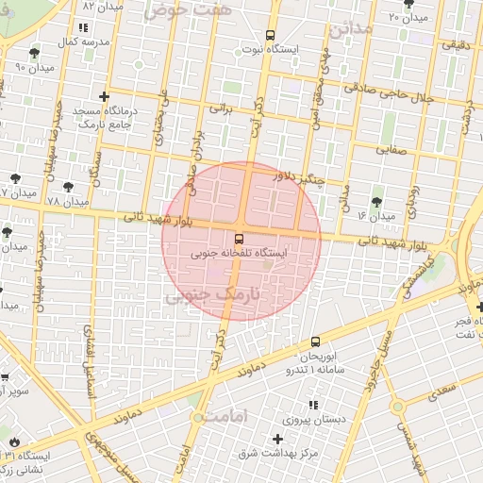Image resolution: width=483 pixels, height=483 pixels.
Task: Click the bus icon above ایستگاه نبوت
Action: pyautogui.click(x=271, y=33)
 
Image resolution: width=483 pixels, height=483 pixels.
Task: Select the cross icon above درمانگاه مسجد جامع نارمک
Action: pyautogui.click(x=103, y=96)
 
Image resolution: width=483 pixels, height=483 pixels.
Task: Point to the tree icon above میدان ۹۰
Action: pyautogui.click(x=35, y=53)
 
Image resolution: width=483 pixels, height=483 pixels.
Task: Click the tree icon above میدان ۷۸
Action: pyautogui.click(x=68, y=186)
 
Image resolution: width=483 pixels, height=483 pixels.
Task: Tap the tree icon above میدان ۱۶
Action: pyautogui.click(x=377, y=202)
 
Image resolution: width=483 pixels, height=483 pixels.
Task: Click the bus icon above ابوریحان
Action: pyautogui.click(x=314, y=341)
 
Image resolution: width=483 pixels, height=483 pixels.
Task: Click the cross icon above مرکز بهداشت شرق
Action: pyautogui.click(x=276, y=439)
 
